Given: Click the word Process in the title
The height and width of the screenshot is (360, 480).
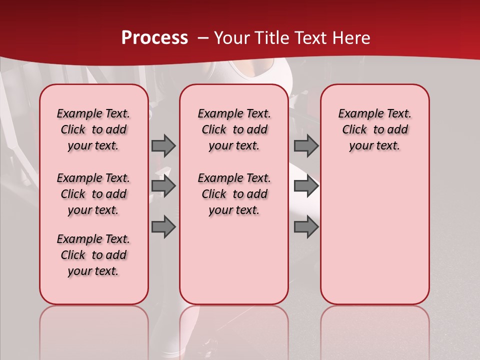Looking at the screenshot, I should click(x=154, y=38).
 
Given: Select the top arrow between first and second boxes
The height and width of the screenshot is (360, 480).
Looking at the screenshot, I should click(x=163, y=145).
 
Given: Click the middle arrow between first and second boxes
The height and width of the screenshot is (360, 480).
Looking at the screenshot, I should click(x=163, y=186).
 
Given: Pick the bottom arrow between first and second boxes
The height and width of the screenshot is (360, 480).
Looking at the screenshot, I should click(x=163, y=226).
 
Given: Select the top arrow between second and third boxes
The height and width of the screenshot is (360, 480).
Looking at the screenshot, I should click(x=306, y=145).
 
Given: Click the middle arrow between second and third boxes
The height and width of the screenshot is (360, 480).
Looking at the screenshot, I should click(x=306, y=186).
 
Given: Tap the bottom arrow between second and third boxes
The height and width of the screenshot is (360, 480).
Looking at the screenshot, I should click(x=306, y=226).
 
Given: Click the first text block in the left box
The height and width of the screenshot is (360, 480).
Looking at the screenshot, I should click(x=93, y=129).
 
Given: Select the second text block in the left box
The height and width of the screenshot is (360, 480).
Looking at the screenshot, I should click(x=93, y=194).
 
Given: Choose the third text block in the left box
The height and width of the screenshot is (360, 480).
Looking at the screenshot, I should click(x=93, y=255).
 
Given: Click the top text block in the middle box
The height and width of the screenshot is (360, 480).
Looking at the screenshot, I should click(x=234, y=129).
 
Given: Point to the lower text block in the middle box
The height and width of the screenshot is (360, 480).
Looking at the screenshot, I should click(x=234, y=194).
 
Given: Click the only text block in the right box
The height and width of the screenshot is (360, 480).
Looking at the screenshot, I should click(x=375, y=129).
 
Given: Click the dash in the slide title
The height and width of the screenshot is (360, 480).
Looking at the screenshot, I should click(x=203, y=38).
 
